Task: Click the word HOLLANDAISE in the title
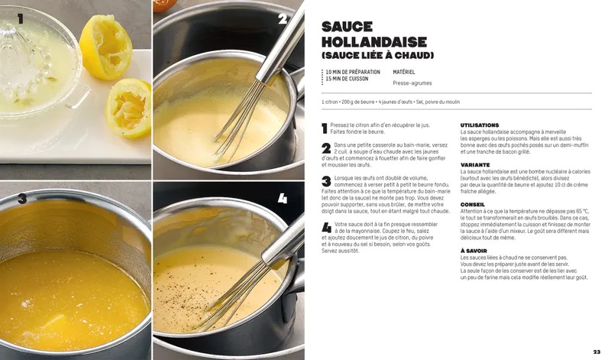tap(374, 42)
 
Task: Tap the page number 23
tap(596, 352)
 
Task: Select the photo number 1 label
tap(21, 18)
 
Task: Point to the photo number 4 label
tap(283, 199)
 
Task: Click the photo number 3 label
tap(22, 199)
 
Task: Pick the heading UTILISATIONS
tap(480, 125)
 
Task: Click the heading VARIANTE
tap(475, 165)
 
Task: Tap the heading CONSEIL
tap(473, 204)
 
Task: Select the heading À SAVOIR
tap(474, 251)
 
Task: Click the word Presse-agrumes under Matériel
tap(412, 83)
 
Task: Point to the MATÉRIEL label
tap(404, 72)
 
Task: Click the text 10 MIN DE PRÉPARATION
tap(353, 72)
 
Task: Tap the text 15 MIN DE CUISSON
tap(347, 79)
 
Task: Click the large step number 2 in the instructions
tap(327, 148)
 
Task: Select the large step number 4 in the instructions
tap(327, 228)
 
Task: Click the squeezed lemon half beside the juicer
tap(105, 47)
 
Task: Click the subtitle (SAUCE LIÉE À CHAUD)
tap(377, 55)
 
